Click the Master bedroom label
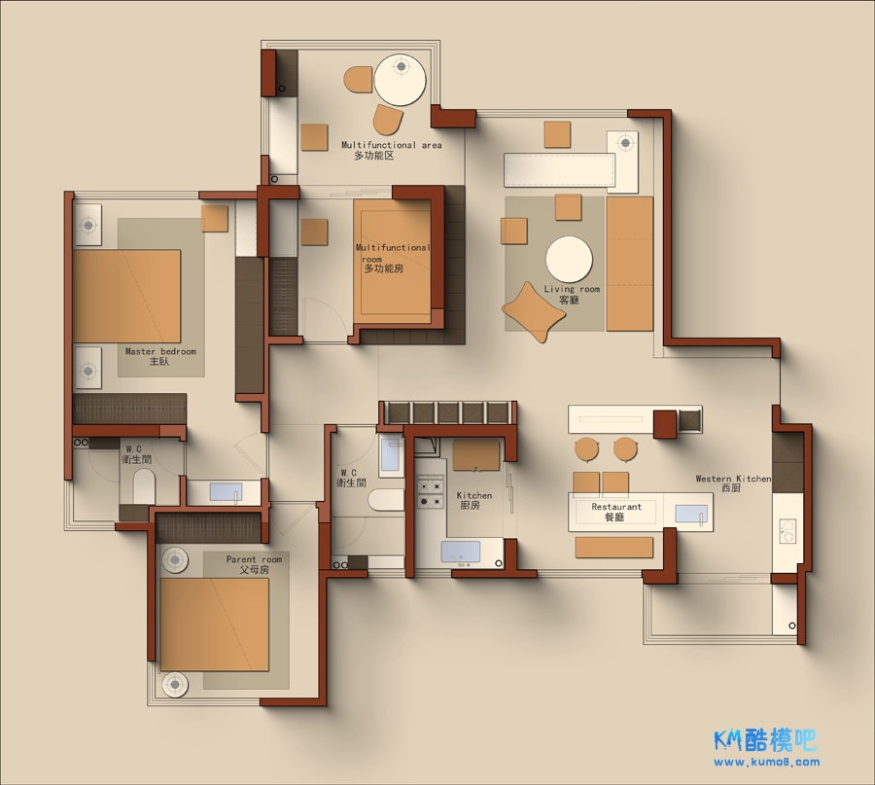tap(160, 356)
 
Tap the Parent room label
tap(254, 564)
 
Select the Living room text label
tap(572, 294)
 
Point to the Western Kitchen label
tap(733, 482)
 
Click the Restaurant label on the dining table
tap(616, 512)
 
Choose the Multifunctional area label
tap(391, 150)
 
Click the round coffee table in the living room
tap(569, 260)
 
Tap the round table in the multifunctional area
tap(401, 80)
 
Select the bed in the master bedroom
tap(126, 296)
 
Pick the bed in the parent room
tap(215, 624)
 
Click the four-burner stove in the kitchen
tap(431, 491)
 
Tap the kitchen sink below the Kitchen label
tap(461, 552)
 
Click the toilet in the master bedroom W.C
tap(144, 485)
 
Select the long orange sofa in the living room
tap(629, 264)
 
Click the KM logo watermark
tap(765, 740)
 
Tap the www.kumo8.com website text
tap(766, 762)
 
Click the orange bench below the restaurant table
tap(613, 547)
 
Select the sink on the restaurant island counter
tap(691, 514)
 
